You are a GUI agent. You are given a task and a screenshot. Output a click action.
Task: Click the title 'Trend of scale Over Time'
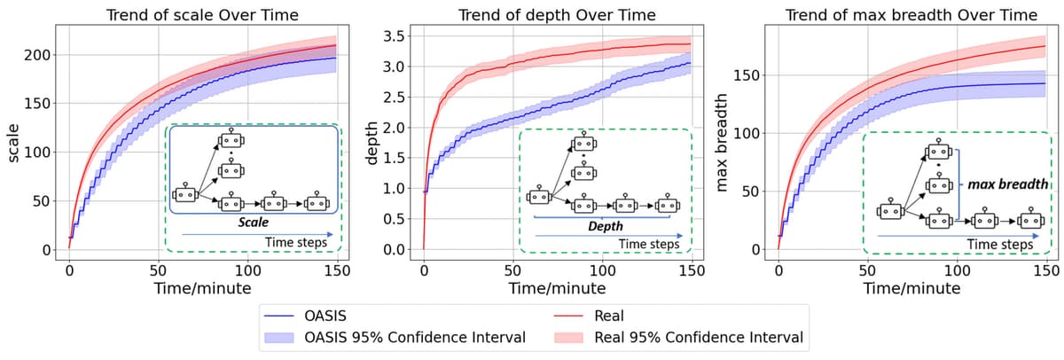pyautogui.click(x=202, y=15)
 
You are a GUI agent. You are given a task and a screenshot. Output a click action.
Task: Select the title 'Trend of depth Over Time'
pyautogui.click(x=556, y=15)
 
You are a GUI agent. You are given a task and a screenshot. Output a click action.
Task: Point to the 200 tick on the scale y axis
pyautogui.click(x=39, y=55)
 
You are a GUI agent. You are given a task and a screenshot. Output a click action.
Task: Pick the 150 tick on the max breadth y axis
pyautogui.click(x=748, y=75)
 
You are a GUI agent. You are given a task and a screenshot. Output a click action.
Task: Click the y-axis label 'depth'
pyautogui.click(x=373, y=143)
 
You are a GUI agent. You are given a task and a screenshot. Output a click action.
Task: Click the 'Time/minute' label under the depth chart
pyautogui.click(x=556, y=288)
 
